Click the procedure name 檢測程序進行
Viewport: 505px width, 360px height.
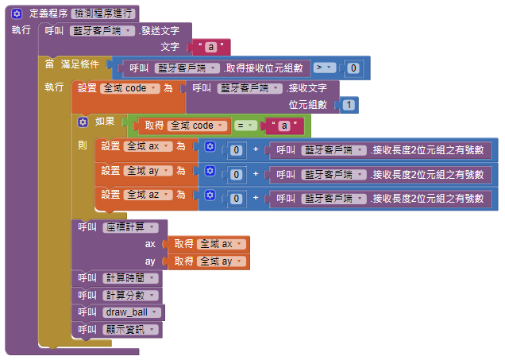click(x=103, y=14)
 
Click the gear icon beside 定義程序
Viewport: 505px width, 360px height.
click(x=16, y=14)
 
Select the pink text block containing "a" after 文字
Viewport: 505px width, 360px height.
click(x=209, y=47)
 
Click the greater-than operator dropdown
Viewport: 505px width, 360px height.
click(x=322, y=68)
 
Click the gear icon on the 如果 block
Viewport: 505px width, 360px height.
click(x=81, y=122)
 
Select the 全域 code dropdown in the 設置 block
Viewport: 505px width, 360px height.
click(x=130, y=89)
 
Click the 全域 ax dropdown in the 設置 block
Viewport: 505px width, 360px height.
click(x=146, y=147)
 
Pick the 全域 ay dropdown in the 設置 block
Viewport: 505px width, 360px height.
click(x=146, y=171)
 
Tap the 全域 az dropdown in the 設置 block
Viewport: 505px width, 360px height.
click(x=146, y=195)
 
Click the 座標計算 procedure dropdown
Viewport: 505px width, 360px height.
click(x=130, y=227)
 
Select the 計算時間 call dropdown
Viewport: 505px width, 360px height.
click(x=130, y=278)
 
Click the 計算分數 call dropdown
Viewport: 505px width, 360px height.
click(x=130, y=295)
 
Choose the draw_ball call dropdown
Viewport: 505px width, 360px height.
click(x=132, y=312)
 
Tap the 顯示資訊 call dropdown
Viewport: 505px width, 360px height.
click(x=130, y=330)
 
